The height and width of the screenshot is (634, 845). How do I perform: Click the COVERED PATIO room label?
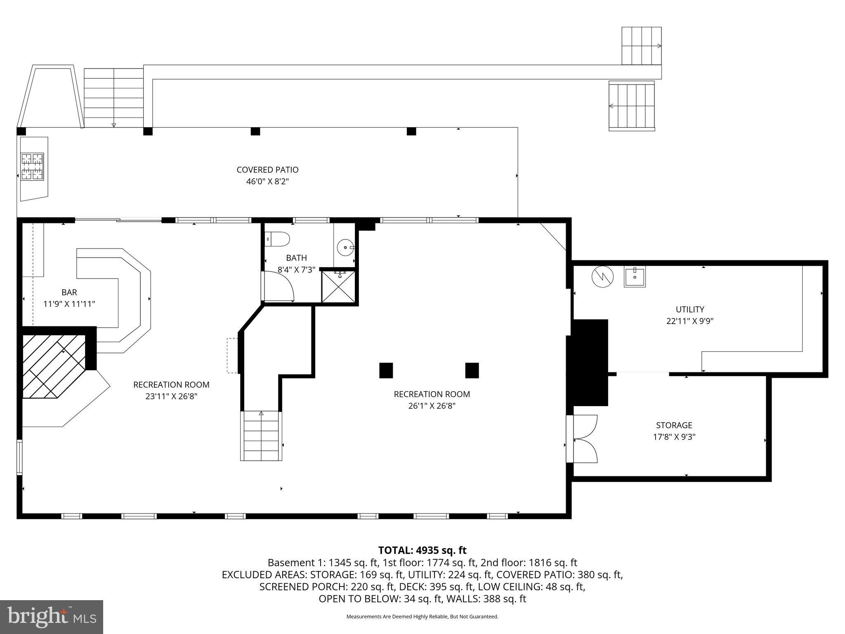pos(267,170)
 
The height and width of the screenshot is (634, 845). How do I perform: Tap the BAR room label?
pos(69,292)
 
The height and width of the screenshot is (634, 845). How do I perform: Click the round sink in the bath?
pos(345,248)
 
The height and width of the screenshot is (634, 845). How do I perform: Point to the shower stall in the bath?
pos(338,286)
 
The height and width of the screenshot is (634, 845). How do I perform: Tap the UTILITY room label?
pos(689,309)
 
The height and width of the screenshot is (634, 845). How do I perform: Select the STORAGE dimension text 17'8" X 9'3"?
pos(674,437)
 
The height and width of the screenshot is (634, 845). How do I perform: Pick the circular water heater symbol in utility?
pos(602,277)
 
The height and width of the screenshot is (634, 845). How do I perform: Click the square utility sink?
pos(634,277)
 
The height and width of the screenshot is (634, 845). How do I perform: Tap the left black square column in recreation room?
pos(386,370)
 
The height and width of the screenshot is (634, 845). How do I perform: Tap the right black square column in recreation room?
pos(472,370)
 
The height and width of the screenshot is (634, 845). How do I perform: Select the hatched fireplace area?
pos(54,365)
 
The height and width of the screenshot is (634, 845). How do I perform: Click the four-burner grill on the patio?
pos(33,166)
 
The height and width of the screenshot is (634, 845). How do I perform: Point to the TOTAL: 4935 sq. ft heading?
pos(422,550)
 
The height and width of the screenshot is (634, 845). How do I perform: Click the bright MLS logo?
pos(52,617)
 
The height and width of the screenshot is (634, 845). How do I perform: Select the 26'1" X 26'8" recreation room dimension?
pos(432,406)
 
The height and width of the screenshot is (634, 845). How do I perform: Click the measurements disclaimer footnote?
pos(422,617)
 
